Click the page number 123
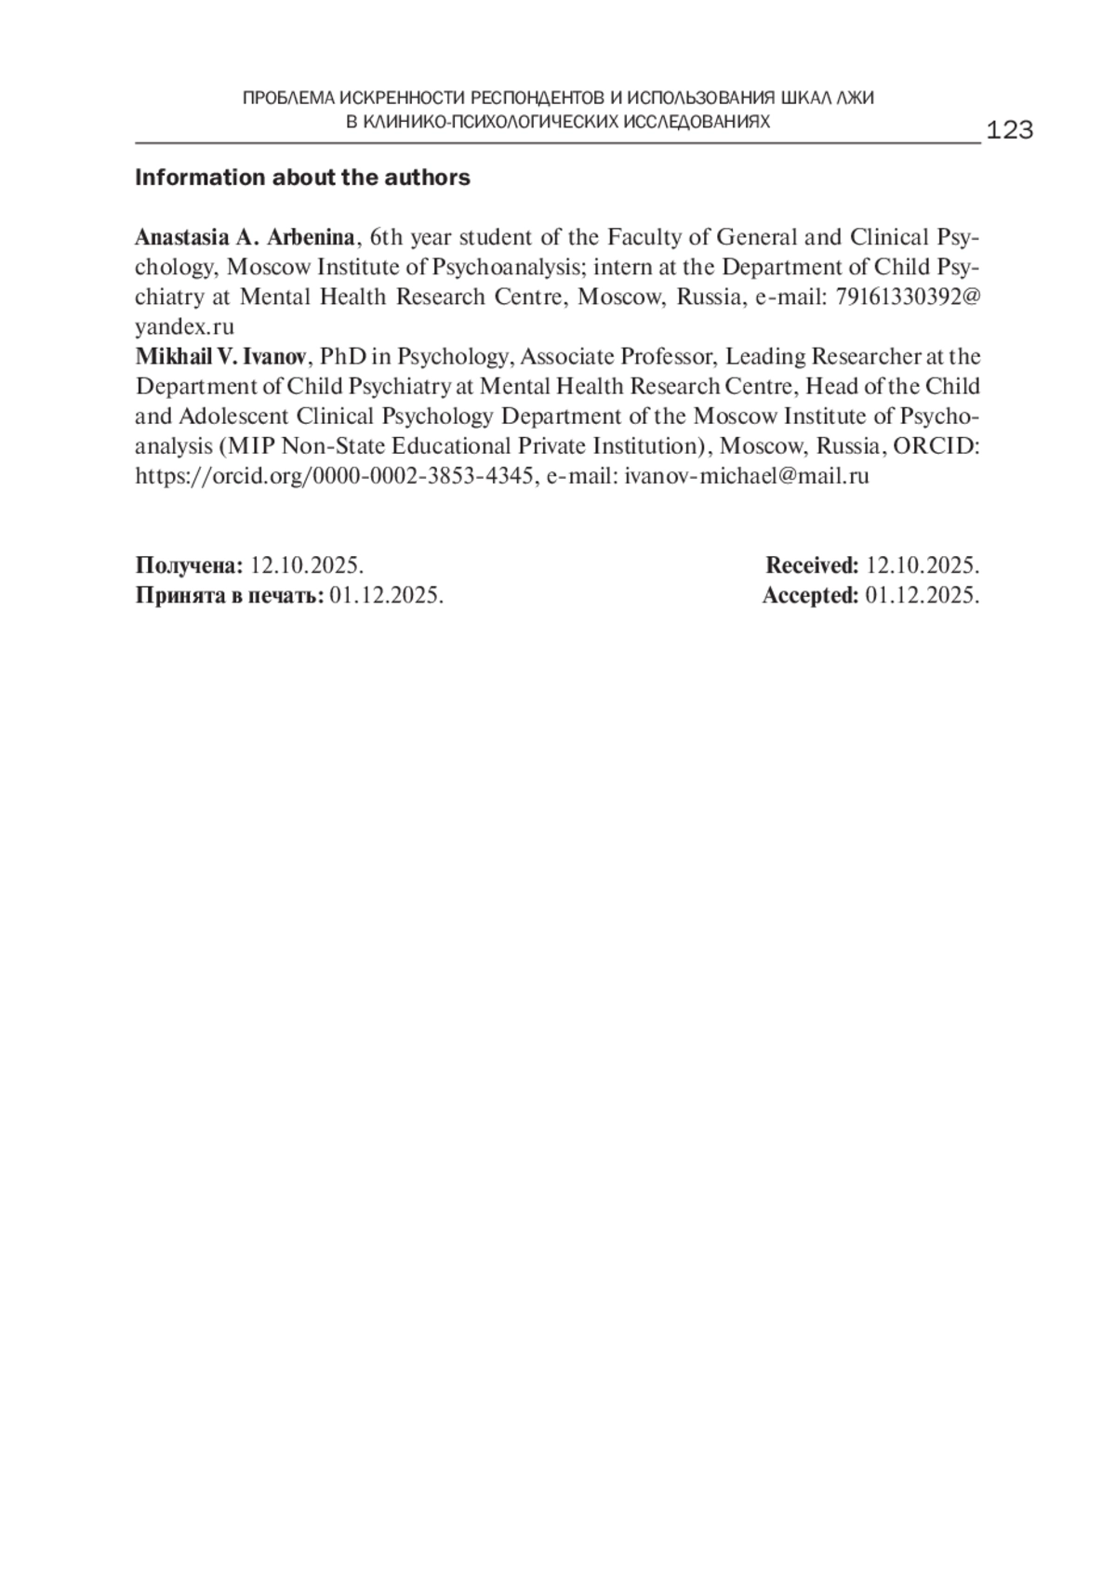click(1009, 130)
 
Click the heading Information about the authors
click(302, 178)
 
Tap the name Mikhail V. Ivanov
click(220, 357)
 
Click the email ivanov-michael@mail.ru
click(747, 476)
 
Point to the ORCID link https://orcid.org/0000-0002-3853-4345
click(335, 476)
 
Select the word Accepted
click(810, 595)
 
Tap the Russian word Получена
click(190, 565)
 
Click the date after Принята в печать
click(386, 595)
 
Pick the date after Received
click(922, 565)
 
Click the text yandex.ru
click(184, 326)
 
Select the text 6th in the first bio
click(386, 237)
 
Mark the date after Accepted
click(922, 595)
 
